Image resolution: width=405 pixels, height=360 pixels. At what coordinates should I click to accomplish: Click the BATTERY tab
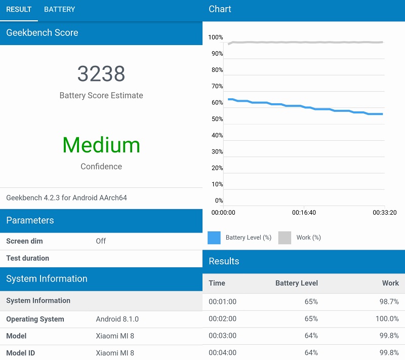point(59,9)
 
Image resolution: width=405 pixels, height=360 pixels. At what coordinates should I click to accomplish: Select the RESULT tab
point(19,9)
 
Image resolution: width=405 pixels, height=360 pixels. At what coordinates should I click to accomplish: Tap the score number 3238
point(101,74)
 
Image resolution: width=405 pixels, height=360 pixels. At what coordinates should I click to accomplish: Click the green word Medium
point(101,145)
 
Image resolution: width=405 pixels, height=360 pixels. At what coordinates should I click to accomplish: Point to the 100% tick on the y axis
point(216,37)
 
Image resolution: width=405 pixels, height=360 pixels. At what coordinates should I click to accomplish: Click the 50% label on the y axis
point(217,119)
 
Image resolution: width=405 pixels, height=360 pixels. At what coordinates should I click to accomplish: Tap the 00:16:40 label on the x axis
point(304,213)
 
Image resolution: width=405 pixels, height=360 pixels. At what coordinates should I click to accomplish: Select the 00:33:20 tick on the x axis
point(384,213)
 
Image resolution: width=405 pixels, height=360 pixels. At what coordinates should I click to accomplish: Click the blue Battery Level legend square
point(214,237)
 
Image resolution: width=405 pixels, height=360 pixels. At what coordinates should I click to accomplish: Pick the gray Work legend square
point(285,237)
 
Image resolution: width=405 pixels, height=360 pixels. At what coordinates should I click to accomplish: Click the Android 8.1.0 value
point(117,319)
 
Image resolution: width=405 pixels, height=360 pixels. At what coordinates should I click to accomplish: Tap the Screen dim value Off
point(101,241)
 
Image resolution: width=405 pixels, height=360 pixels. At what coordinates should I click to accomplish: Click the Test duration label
point(28,258)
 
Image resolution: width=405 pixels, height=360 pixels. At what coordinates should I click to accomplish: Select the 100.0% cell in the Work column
point(387,318)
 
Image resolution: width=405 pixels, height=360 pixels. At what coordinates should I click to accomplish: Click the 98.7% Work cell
point(389,302)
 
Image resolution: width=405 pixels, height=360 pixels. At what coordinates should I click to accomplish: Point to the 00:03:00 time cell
point(222,336)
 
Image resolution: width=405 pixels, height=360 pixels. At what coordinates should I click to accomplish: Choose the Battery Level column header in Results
point(297,283)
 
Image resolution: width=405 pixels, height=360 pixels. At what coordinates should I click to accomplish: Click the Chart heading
point(220,9)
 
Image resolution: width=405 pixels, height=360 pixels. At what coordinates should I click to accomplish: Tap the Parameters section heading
point(30,220)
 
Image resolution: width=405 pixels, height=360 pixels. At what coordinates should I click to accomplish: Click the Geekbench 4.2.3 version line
point(66,197)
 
